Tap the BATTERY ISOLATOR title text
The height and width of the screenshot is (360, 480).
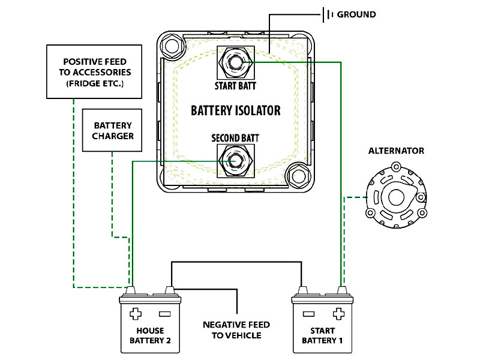[235, 110]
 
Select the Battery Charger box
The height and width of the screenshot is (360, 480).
[112, 130]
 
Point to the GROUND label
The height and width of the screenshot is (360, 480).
[356, 14]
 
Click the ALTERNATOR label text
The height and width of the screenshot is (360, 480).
[396, 151]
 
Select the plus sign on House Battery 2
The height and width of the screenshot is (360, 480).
[136, 313]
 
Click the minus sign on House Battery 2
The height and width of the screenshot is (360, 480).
[164, 313]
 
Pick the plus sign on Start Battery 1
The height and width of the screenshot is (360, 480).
[338, 313]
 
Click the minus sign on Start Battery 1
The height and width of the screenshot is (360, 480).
[309, 313]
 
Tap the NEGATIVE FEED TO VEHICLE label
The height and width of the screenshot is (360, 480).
[236, 329]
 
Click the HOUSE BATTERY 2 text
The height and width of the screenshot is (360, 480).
[149, 335]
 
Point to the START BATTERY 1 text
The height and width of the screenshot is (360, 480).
[323, 335]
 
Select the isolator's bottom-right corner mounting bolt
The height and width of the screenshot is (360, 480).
[298, 176]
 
